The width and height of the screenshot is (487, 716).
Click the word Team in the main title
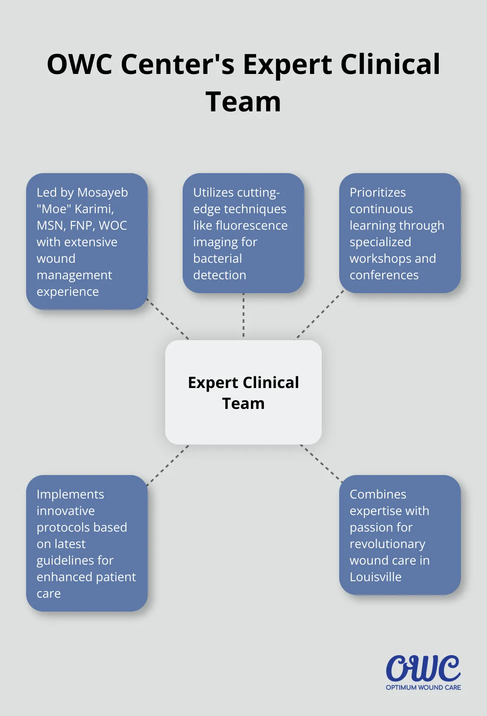pyautogui.click(x=243, y=102)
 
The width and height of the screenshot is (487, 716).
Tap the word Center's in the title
pyautogui.click(x=177, y=64)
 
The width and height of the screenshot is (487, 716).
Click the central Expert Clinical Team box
pyautogui.click(x=243, y=392)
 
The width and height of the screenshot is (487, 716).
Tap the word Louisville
pyautogui.click(x=375, y=577)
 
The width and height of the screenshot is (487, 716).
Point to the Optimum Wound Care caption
pyautogui.click(x=423, y=687)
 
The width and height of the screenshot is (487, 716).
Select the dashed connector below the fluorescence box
pyautogui.click(x=243, y=315)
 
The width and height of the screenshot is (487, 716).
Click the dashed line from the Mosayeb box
pyautogui.click(x=168, y=319)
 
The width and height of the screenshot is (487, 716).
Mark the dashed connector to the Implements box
pyautogui.click(x=168, y=465)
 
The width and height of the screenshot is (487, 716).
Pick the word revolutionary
pyautogui.click(x=387, y=544)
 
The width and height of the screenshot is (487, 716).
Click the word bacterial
pyautogui.click(x=217, y=258)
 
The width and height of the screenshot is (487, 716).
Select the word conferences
pyautogui.click(x=384, y=275)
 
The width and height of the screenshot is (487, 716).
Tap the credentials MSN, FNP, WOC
pyautogui.click(x=82, y=225)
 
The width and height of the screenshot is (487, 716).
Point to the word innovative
pyautogui.click(x=66, y=511)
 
